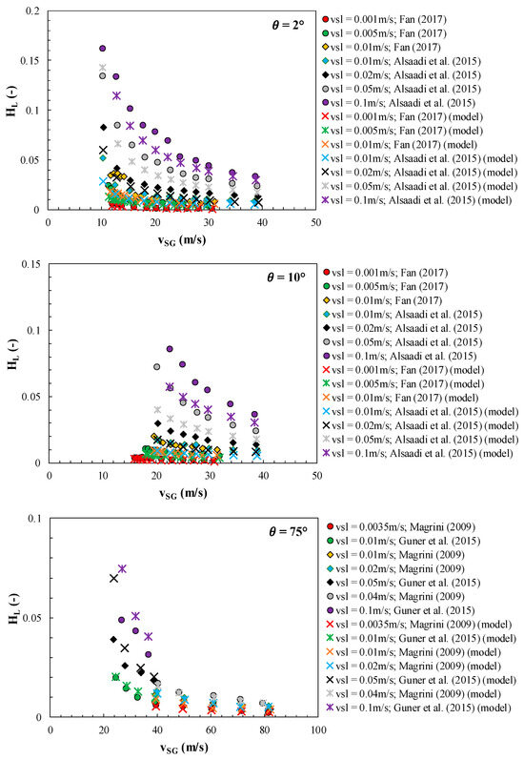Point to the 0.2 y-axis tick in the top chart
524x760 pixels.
[x=31, y=10]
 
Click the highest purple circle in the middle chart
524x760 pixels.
[x=170, y=349]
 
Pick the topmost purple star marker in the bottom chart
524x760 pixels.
[x=122, y=568]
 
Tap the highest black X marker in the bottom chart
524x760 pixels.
[x=114, y=578]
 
